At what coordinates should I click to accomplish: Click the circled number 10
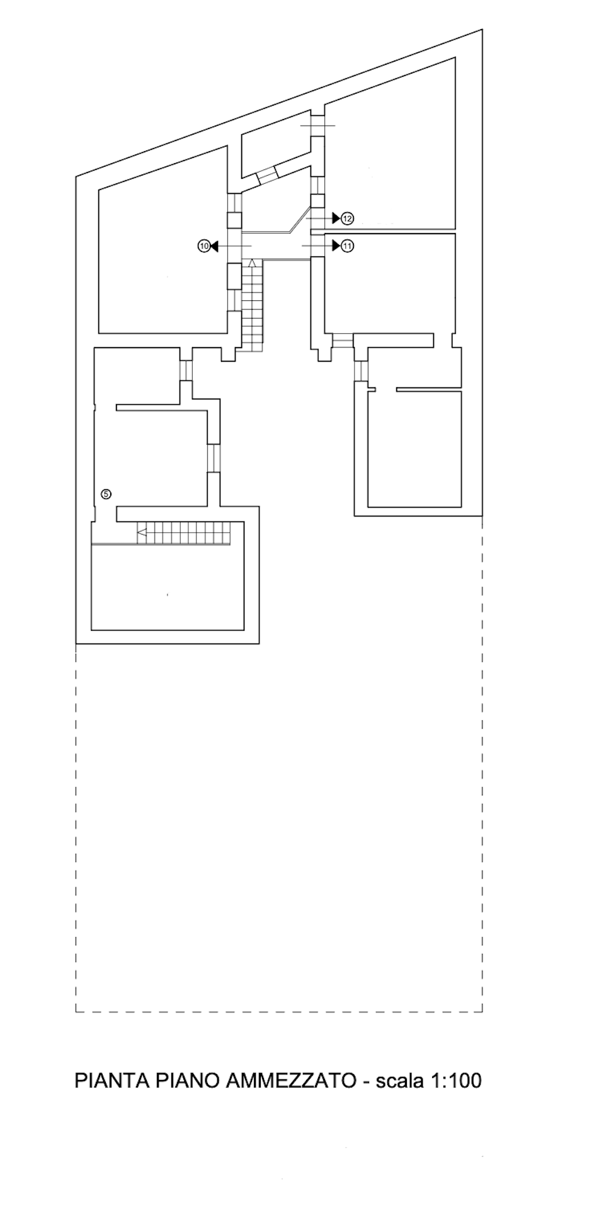click(203, 247)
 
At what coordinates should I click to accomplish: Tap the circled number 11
click(348, 246)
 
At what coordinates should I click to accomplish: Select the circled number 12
click(348, 219)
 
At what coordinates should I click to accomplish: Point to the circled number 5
click(106, 494)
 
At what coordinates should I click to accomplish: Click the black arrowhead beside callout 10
click(214, 247)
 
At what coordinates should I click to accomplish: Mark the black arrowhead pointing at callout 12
click(336, 218)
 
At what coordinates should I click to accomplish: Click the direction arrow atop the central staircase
click(252, 263)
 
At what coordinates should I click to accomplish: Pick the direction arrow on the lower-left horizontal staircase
click(142, 535)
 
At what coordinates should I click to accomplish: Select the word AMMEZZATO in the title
click(290, 1081)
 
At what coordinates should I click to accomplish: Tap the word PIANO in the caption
click(187, 1081)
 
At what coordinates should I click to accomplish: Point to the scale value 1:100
click(455, 1081)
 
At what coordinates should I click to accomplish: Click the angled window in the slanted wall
click(267, 174)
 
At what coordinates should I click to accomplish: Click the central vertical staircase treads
click(253, 309)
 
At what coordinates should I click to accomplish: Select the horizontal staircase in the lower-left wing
click(189, 535)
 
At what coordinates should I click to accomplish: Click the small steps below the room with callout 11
click(343, 341)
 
